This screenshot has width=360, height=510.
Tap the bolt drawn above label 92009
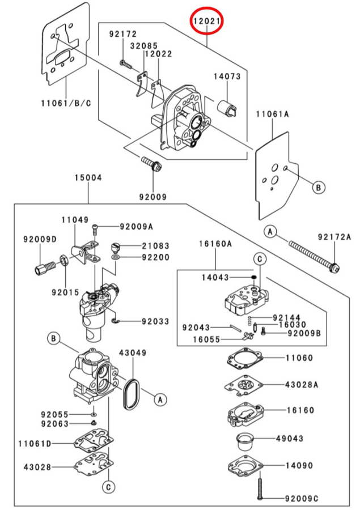(151, 164)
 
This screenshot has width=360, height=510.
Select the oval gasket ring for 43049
(132, 393)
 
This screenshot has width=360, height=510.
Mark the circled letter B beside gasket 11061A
(318, 186)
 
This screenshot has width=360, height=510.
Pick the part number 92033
(155, 321)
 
